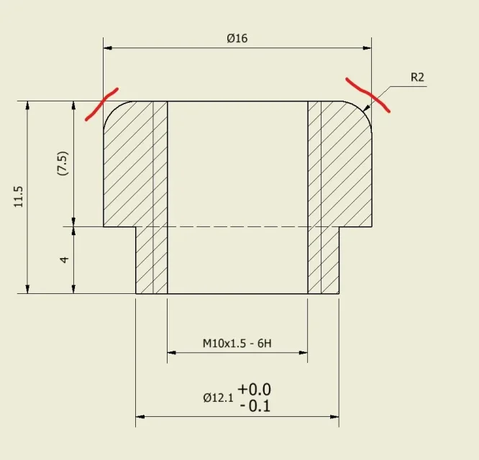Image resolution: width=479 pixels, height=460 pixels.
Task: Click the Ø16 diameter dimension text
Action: point(237,39)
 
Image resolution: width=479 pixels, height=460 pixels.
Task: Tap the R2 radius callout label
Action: point(417,77)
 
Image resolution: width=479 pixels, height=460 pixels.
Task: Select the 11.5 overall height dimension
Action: point(18,196)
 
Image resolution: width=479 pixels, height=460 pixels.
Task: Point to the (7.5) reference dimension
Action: point(63,163)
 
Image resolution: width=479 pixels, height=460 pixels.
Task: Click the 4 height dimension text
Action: point(64,259)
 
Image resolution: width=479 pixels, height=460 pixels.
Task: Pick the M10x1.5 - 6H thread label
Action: point(237,344)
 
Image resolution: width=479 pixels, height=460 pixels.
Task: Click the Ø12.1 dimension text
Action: point(218,397)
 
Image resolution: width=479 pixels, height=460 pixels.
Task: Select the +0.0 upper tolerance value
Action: point(254,389)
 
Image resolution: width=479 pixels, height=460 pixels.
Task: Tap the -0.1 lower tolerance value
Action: point(255,406)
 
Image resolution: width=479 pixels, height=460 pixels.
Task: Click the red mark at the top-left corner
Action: point(102,103)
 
